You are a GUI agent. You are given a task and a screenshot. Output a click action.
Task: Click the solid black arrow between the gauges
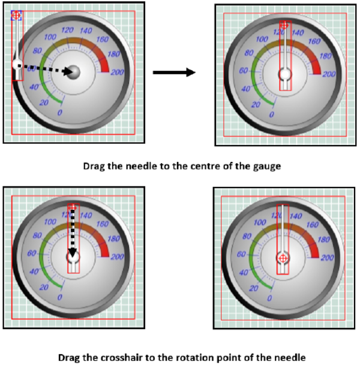click(174, 73)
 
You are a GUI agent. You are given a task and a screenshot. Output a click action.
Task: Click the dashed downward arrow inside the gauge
click(73, 234)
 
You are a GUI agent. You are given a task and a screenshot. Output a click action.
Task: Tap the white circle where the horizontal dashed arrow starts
click(17, 64)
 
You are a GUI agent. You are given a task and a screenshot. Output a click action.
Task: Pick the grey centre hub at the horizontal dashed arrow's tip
click(73, 72)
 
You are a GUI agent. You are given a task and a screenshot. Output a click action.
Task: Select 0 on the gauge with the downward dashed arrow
click(59, 297)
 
